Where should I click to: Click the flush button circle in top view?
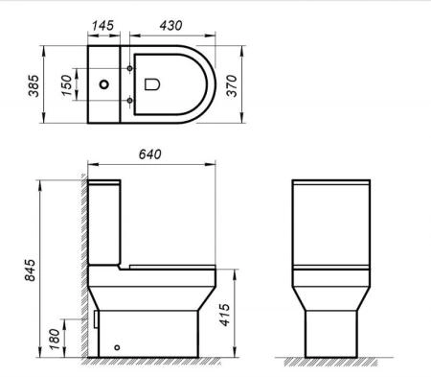(102, 83)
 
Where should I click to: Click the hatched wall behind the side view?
(79, 269)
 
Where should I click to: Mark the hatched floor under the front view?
(330, 363)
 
